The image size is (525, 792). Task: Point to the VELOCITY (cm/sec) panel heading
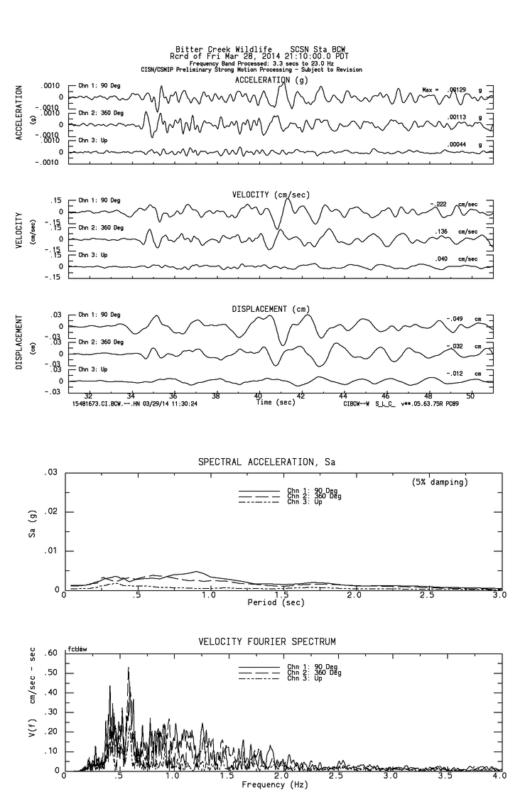(271, 195)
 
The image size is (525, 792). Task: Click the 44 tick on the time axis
(343, 396)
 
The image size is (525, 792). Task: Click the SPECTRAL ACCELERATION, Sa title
(266, 462)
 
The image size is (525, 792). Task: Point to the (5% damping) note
(440, 482)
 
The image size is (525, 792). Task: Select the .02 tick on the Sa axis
(51, 511)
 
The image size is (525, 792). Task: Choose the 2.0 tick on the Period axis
(354, 595)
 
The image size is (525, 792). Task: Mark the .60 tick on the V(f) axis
(50, 653)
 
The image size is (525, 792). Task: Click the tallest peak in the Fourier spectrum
(129, 668)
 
